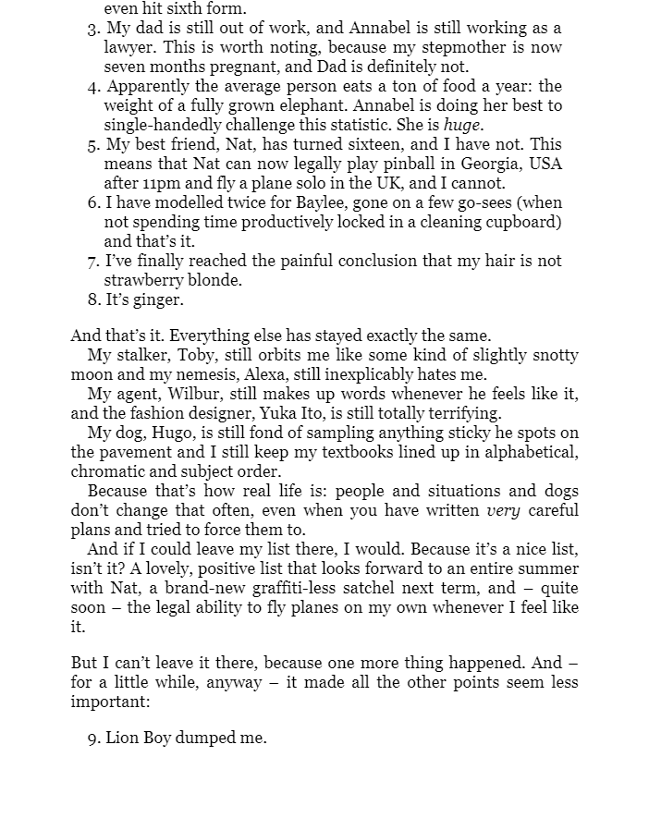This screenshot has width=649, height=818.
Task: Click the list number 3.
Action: (x=93, y=29)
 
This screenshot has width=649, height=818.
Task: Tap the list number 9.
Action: (x=93, y=738)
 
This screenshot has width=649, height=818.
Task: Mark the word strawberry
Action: (x=143, y=280)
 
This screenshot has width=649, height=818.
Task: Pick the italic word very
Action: (x=502, y=510)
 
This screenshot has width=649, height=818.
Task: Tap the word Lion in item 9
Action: (x=123, y=738)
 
